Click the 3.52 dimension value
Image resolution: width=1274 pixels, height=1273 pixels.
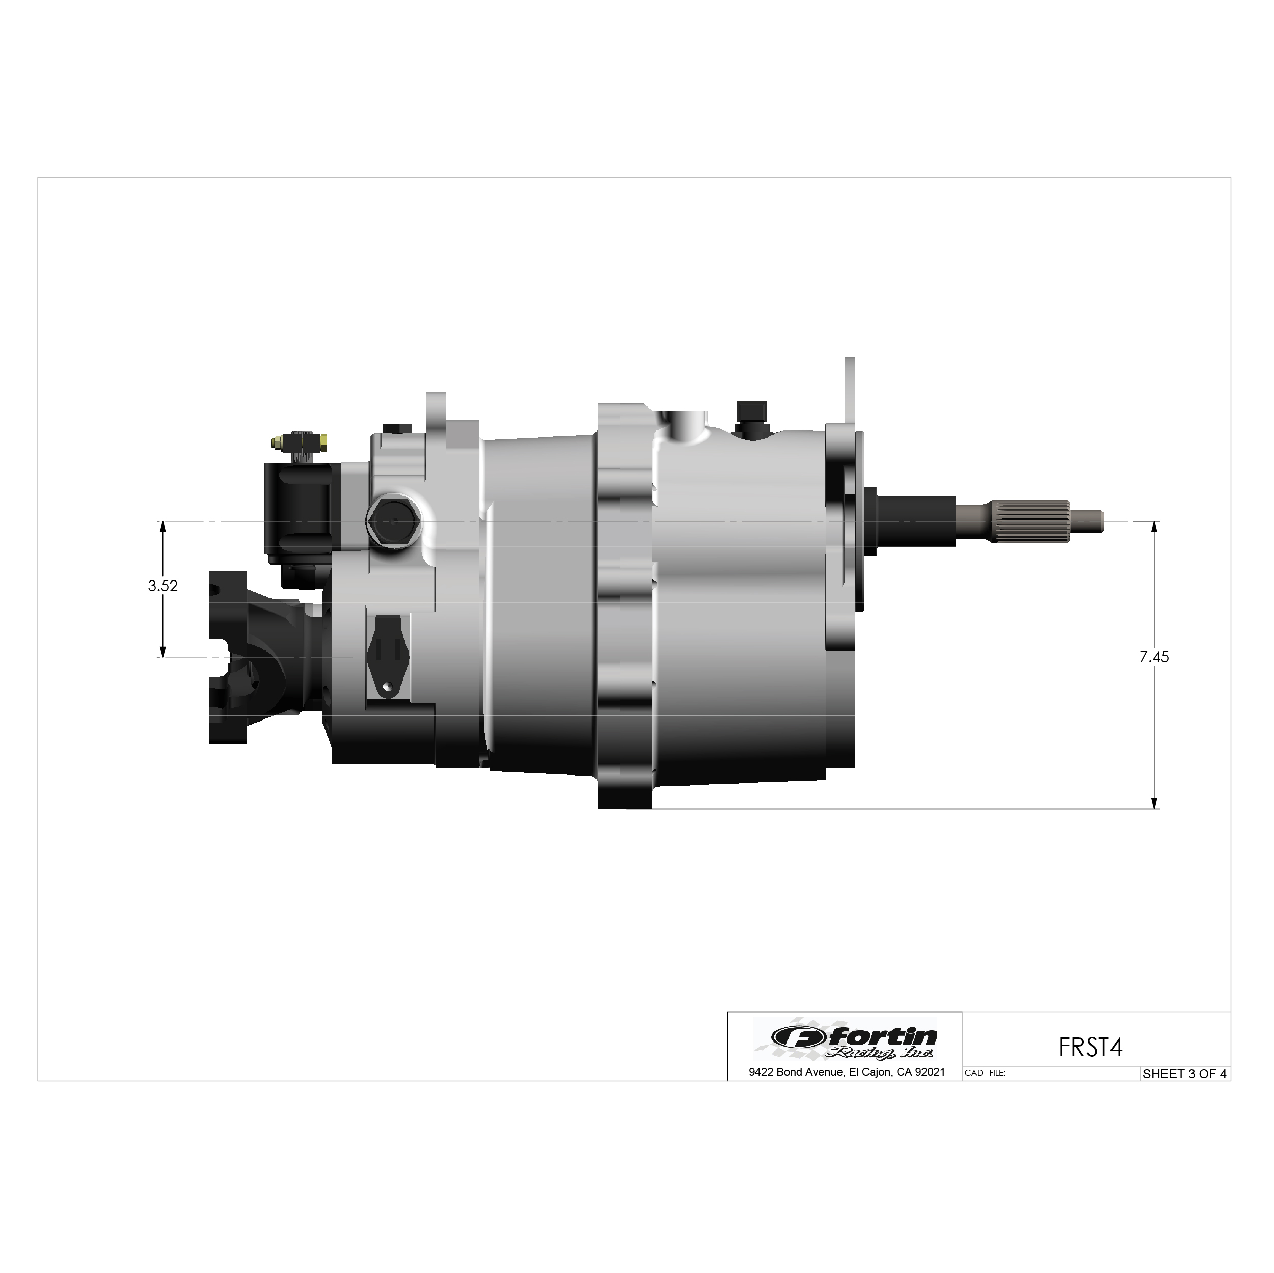click(163, 586)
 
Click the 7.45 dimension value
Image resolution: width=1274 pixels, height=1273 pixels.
click(1154, 657)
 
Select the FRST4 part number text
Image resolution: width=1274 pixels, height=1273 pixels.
click(1090, 1047)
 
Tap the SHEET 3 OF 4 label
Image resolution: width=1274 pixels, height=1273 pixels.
click(1184, 1074)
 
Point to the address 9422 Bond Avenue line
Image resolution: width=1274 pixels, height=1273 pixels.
click(847, 1072)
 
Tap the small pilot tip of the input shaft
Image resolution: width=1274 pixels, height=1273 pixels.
click(1086, 521)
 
